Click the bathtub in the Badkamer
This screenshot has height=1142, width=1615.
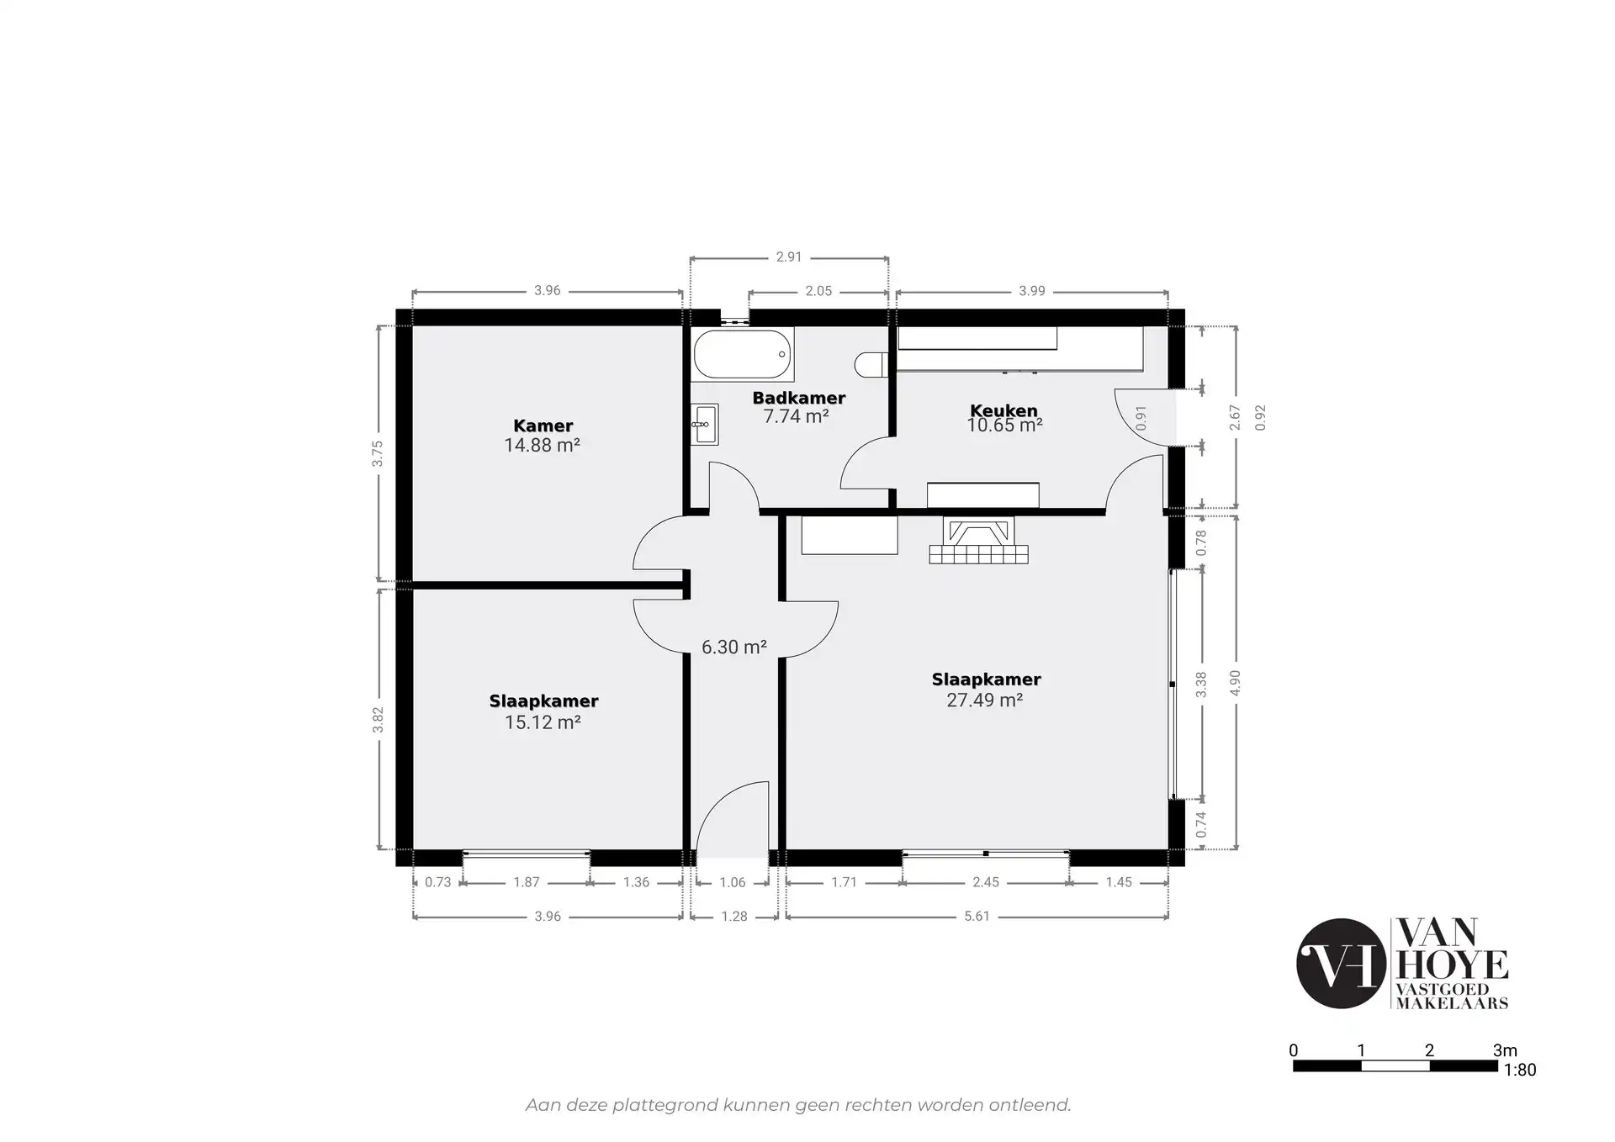(743, 354)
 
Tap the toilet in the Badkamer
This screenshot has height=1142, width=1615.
(871, 365)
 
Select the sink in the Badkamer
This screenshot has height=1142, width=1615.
(705, 425)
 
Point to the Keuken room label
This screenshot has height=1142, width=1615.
(1003, 410)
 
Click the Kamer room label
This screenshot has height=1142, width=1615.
(543, 426)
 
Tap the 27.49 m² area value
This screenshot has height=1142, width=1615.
(984, 700)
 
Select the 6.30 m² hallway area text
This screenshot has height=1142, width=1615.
(733, 647)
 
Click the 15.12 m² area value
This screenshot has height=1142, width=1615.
(543, 722)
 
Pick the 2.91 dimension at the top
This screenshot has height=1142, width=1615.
(789, 257)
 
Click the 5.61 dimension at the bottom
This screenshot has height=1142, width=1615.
(977, 916)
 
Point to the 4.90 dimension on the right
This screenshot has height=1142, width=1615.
(1235, 683)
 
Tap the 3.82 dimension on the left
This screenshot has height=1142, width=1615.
(378, 719)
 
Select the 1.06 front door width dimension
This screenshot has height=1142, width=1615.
(733, 882)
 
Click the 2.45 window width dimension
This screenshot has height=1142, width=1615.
(986, 882)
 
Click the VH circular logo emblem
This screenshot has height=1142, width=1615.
(1341, 964)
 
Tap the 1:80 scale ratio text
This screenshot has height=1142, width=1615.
(1519, 1070)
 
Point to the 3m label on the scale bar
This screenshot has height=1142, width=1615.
(1505, 1049)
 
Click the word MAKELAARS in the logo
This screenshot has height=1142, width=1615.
(1452, 1002)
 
